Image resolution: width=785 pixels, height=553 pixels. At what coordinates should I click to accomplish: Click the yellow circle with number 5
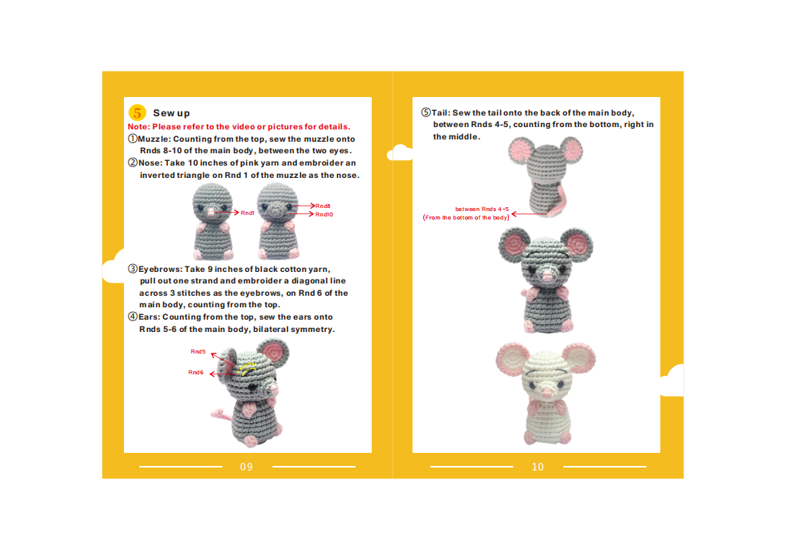137,112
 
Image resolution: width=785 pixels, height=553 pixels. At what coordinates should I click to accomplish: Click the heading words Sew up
171,113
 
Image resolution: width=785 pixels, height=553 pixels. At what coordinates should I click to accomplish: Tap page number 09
246,467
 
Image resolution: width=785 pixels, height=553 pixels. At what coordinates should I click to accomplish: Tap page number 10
538,467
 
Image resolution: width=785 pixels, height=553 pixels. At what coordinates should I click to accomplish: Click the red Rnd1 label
247,213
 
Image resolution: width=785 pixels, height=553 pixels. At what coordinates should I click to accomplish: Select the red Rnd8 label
323,206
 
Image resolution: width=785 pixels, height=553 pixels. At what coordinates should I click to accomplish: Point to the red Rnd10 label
325,214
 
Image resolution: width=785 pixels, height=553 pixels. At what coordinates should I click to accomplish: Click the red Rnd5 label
199,352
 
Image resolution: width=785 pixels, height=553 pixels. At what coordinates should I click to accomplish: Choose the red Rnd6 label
195,373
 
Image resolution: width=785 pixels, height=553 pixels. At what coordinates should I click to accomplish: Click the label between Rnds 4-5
482,209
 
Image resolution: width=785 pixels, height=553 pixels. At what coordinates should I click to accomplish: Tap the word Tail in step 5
440,112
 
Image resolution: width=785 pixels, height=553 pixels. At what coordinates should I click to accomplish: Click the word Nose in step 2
149,163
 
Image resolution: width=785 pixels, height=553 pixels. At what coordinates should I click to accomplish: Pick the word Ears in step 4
148,317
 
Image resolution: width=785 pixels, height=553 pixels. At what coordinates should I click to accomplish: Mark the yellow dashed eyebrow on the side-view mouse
247,368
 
